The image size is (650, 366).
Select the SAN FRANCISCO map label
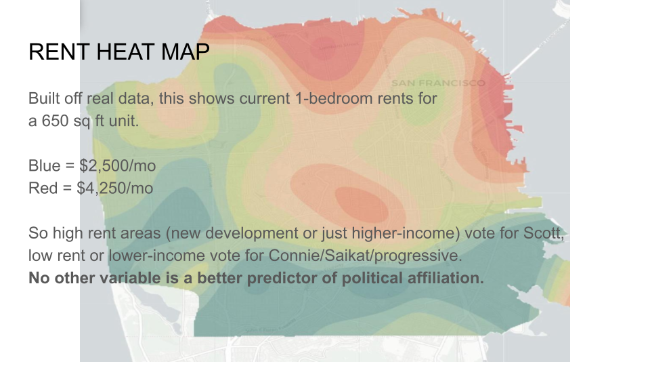[x=438, y=83]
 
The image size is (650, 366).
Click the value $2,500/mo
[x=118, y=166]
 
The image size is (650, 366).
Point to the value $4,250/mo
[x=115, y=188]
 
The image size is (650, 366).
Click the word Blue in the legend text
[x=45, y=165]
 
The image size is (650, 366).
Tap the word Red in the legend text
[x=43, y=188]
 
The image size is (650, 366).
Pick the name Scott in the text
[x=542, y=233]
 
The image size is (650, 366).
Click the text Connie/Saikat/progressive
[x=365, y=256]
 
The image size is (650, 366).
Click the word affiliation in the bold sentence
[x=443, y=278]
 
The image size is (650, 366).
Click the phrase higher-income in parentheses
[x=406, y=233]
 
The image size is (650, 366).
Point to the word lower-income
[x=156, y=256]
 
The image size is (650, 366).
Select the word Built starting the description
[x=42, y=99]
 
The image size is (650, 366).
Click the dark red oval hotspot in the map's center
[x=362, y=203]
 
